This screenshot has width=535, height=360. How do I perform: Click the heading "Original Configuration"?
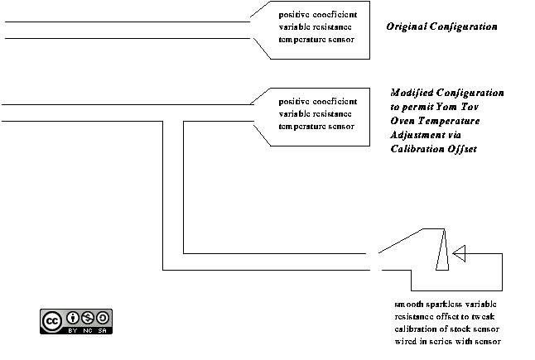tap(441, 26)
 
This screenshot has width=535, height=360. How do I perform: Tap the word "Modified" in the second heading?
tap(412, 93)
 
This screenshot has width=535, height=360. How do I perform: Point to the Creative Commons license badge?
tap(75, 321)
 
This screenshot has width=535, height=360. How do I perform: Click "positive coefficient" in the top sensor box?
tap(318, 15)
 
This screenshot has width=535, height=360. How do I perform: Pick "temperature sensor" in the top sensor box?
tap(316, 40)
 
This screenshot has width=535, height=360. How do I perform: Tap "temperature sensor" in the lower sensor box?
tap(316, 127)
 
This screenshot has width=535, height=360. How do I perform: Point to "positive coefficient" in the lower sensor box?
tap(318, 101)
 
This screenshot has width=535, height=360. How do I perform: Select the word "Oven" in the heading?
tap(403, 121)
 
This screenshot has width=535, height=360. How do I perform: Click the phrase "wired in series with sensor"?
tap(447, 342)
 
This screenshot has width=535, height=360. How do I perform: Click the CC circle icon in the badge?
tap(52, 319)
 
